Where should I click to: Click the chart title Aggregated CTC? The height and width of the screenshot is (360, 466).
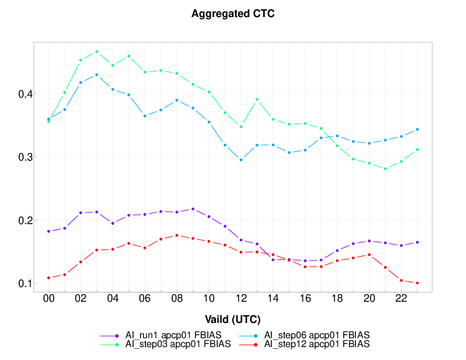pos(233,14)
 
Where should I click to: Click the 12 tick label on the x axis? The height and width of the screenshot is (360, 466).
pos(241,299)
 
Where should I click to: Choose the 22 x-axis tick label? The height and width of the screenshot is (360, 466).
pos(401,299)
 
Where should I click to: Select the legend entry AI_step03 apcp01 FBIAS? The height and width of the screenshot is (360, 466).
pos(176,343)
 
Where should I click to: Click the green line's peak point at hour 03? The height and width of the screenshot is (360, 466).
pos(96,52)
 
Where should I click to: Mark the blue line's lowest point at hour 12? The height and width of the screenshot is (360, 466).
pos(241,159)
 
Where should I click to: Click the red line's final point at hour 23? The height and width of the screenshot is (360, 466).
pos(417,283)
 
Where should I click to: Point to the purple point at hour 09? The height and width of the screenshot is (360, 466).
pos(192,209)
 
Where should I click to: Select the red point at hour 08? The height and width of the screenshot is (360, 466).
pos(177,235)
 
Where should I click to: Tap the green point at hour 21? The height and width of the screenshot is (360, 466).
pos(385,169)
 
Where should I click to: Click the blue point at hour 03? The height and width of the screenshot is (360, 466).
pos(96,75)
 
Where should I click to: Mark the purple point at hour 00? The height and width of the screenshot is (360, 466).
pos(48,231)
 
